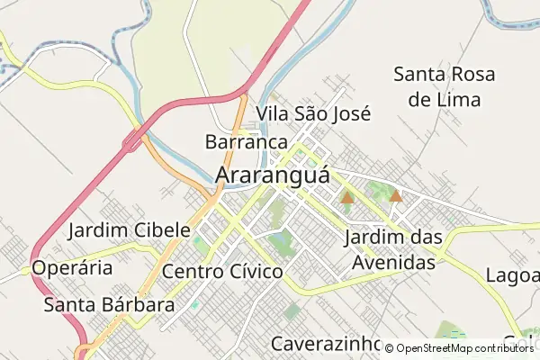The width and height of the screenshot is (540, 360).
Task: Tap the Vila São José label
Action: click(313, 113)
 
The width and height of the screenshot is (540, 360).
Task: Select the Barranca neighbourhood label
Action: click(246, 142)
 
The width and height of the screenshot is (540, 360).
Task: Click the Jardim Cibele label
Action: click(129, 229)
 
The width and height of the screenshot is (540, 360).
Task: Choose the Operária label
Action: click(72, 268)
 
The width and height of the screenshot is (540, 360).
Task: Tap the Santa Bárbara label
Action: click(108, 304)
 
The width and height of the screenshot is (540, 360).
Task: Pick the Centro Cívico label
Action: click(222, 271)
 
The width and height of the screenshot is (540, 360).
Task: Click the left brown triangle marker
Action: click(347, 197)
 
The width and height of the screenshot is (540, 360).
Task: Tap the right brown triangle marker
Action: click(395, 194)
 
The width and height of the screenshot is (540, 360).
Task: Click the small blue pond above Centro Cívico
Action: click(280, 240)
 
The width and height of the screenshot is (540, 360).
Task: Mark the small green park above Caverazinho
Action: click(292, 312)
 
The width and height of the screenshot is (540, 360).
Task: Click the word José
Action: click(351, 113)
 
